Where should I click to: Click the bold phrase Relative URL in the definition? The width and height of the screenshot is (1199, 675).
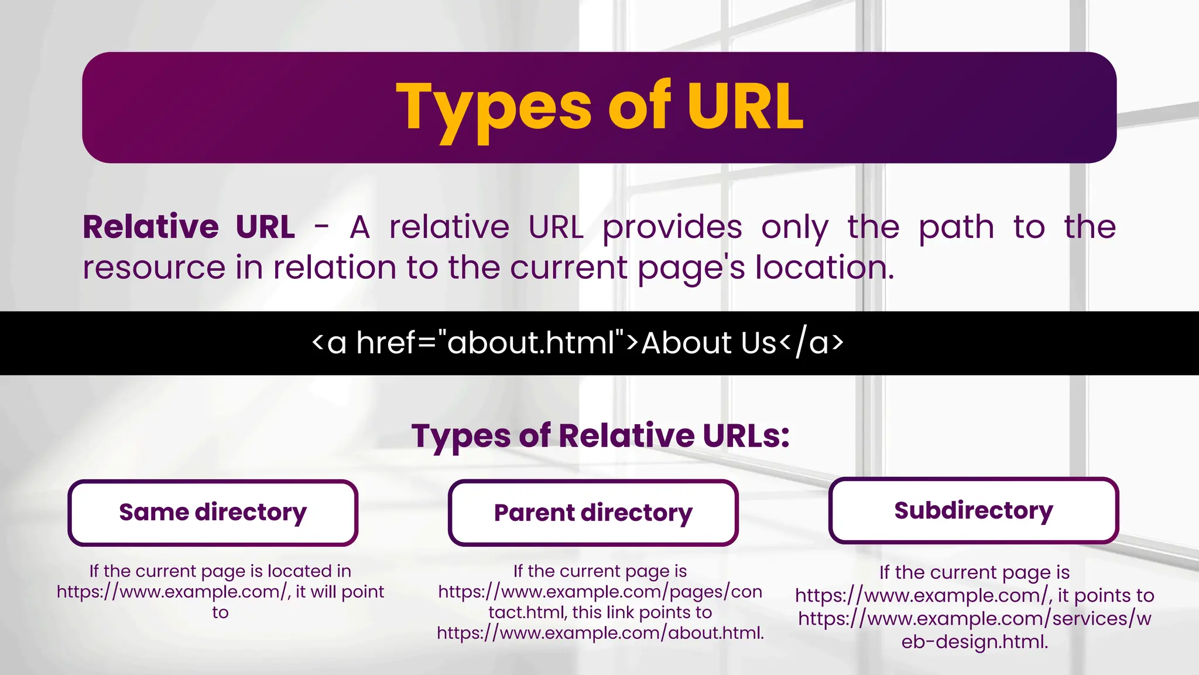pos(189,227)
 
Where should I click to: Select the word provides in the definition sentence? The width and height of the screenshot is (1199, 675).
pos(672,227)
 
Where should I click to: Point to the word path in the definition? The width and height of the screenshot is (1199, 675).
pos(956,227)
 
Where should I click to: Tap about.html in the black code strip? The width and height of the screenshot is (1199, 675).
pos(530,343)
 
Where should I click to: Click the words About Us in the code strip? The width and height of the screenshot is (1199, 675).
pos(709,343)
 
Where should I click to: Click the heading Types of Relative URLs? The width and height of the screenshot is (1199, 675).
pos(601,436)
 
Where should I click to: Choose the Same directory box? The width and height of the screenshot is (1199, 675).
pos(213,513)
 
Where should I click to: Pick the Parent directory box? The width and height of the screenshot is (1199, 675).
pos(593,513)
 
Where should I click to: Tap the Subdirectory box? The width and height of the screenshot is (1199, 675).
pos(974,510)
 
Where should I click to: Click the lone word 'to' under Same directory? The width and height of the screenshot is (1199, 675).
pos(220,613)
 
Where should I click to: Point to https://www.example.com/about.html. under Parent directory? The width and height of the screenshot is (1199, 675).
pos(601,633)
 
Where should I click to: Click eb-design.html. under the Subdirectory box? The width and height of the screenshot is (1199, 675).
pos(975,642)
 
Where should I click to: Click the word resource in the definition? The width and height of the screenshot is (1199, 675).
pos(154,268)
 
